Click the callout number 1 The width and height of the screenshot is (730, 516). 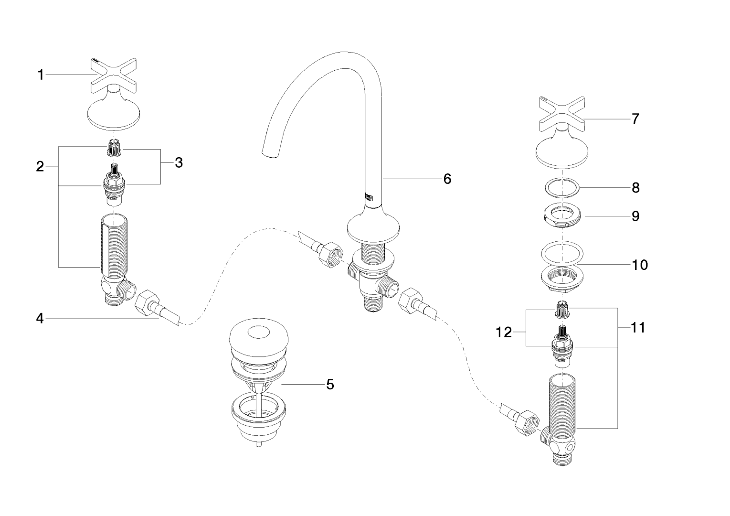[x=41, y=75]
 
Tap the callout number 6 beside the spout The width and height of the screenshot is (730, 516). [x=447, y=179]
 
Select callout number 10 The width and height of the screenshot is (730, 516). [x=640, y=264]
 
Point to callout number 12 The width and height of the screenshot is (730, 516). [x=504, y=332]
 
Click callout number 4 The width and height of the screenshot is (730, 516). [x=40, y=318]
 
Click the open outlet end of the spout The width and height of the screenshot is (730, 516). [x=270, y=151]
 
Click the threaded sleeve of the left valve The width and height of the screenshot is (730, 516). [x=112, y=246]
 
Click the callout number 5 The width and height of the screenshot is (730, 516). [x=330, y=384]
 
